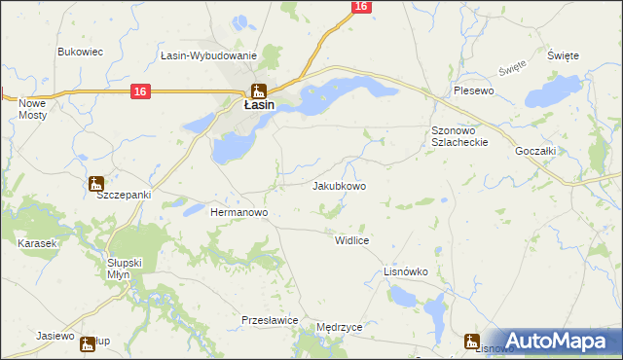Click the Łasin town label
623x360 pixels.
(258, 105)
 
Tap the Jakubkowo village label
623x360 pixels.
(339, 186)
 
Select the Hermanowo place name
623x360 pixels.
(239, 211)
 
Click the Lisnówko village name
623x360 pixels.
(406, 272)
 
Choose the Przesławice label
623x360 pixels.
(269, 319)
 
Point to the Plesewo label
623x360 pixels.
(474, 90)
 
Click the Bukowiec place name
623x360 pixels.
(81, 52)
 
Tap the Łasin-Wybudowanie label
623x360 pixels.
(208, 56)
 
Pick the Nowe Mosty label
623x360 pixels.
(32, 108)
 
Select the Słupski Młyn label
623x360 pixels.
(125, 270)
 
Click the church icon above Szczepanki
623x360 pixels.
(95, 181)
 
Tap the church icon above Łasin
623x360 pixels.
(258, 90)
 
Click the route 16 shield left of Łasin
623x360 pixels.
(141, 91)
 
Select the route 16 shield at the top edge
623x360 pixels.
(361, 7)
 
